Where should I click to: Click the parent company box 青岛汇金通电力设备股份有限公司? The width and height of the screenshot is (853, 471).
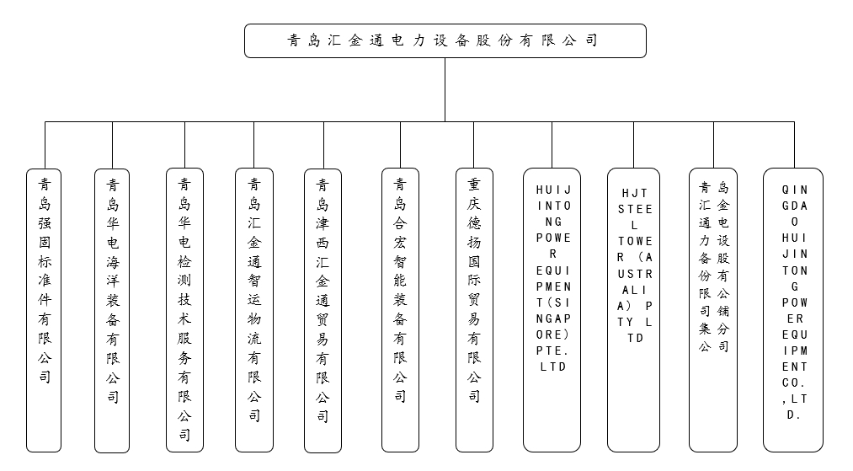click(445, 40)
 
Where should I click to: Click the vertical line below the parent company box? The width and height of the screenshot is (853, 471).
click(445, 88)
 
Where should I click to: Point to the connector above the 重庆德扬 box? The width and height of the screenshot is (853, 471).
click(474, 144)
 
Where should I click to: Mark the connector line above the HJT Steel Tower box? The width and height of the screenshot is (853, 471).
click(633, 144)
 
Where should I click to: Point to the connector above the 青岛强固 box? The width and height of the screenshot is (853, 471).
click(45, 144)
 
